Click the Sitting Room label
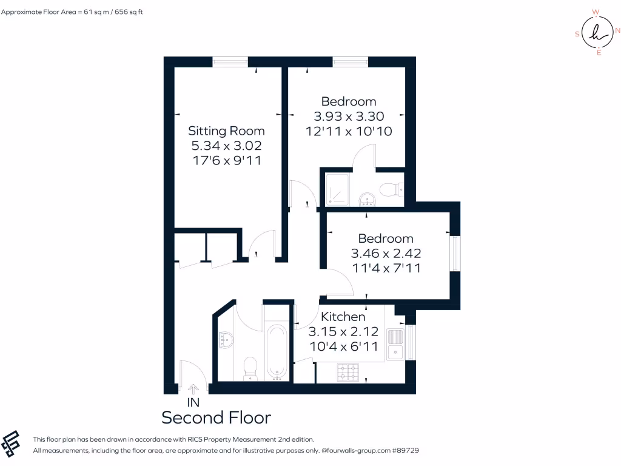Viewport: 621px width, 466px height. [x=226, y=130]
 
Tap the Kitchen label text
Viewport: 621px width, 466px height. [x=343, y=317]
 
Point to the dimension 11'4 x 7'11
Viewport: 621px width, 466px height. [x=386, y=268]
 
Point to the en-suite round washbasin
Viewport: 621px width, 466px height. [x=368, y=198]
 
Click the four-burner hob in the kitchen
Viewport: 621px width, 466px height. [x=349, y=371]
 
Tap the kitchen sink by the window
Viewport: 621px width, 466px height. [x=395, y=344]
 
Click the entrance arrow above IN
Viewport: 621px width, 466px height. [x=193, y=389]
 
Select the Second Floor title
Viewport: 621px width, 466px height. [x=216, y=417]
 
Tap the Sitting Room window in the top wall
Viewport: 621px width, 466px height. [x=230, y=61]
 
